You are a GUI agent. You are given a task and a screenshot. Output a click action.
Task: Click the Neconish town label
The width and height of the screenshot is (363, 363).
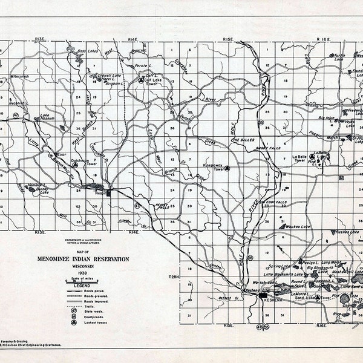[x=21, y=77]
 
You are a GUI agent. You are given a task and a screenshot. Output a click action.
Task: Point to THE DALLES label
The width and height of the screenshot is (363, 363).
[x=244, y=140]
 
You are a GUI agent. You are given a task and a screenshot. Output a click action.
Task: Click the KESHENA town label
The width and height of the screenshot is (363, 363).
[x=274, y=298]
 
